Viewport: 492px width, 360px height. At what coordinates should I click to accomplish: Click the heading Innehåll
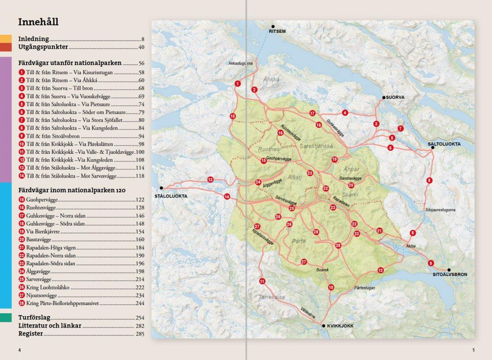point(38,22)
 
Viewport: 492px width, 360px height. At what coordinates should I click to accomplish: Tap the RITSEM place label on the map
point(277,31)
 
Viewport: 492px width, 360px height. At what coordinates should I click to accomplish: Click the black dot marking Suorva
point(384,98)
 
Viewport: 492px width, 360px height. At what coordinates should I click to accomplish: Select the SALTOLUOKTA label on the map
point(444,144)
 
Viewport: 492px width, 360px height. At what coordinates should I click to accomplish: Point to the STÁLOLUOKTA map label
point(171,196)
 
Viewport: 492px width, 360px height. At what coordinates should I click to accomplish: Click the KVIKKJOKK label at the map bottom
point(340,326)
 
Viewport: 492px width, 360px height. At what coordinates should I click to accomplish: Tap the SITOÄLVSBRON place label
point(450,274)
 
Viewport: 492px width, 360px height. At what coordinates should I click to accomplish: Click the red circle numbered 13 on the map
point(210,180)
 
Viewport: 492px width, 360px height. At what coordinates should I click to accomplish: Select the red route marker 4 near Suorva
point(345,112)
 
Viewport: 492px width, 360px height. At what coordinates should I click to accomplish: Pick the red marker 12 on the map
point(380,270)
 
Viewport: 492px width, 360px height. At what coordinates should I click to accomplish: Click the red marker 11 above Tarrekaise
point(262,281)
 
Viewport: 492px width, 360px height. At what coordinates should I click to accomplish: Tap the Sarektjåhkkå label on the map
point(316,146)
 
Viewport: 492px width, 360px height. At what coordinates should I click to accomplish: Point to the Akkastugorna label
point(240,64)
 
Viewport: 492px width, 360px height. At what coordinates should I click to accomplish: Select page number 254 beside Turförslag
point(140,318)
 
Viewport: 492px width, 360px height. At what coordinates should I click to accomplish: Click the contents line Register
point(31,334)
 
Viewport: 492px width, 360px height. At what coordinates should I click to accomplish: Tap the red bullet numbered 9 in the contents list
point(22,136)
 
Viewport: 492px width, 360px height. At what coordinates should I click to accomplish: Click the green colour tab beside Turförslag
point(6,318)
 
